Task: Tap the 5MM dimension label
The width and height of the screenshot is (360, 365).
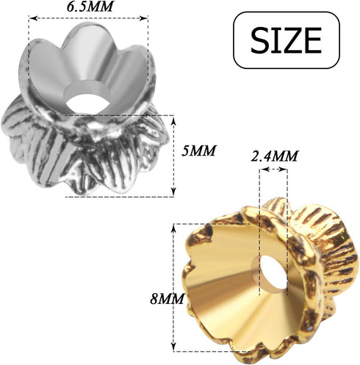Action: pos(198,151)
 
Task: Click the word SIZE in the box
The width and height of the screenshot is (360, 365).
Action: pos(286,40)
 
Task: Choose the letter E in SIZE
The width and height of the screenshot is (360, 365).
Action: pos(313,40)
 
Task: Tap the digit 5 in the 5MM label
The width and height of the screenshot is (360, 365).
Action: pos(187,151)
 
